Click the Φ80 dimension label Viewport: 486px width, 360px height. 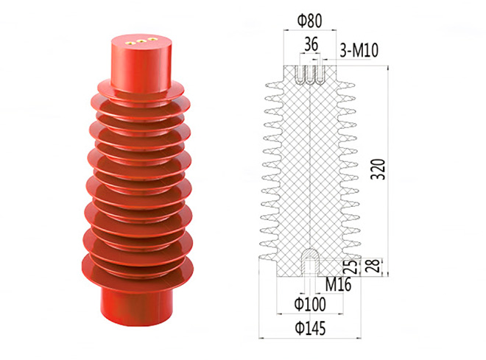click(309, 21)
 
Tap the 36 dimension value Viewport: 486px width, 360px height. click(311, 44)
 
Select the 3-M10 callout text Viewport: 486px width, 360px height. click(359, 50)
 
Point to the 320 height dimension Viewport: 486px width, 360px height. click(378, 169)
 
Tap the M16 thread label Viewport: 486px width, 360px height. click(338, 284)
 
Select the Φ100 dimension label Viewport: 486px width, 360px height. click(310, 304)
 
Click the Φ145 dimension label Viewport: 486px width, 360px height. click(310, 328)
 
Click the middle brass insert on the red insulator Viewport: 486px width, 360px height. click(141, 40)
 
